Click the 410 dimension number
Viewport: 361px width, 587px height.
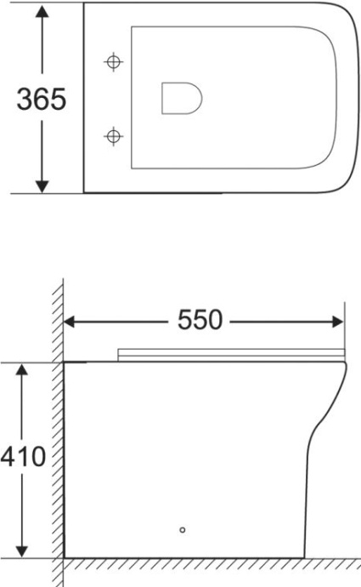[x=23, y=457]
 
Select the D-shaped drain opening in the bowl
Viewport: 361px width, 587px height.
[x=181, y=98]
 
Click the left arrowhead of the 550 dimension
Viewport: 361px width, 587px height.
[x=72, y=322]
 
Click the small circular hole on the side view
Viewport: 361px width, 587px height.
[x=182, y=529]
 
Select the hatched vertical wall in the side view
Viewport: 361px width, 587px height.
[x=58, y=425]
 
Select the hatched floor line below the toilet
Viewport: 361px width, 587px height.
[x=212, y=564]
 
